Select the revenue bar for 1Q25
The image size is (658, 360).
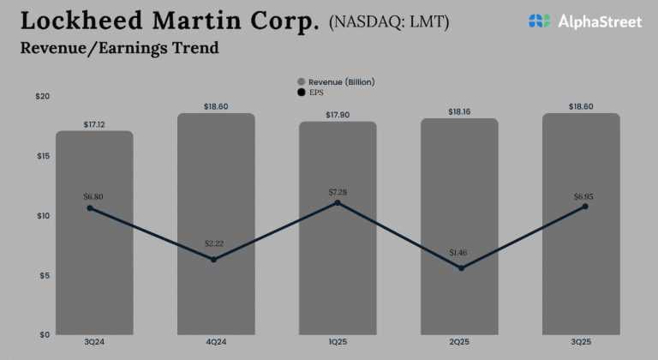pos(338,274)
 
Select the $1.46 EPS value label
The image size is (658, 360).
pos(459,254)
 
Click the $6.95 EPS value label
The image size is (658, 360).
pos(584,196)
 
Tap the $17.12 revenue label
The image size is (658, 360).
pos(94,123)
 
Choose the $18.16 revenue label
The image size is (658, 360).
pos(459,111)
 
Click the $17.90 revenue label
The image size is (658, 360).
pos(338,115)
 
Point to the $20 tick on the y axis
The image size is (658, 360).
pos(42,96)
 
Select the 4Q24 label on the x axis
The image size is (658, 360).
pos(215,342)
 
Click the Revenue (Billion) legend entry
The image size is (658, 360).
pos(341,82)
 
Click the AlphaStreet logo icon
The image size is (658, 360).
pos(539,21)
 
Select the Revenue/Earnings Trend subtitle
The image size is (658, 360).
pos(119,48)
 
